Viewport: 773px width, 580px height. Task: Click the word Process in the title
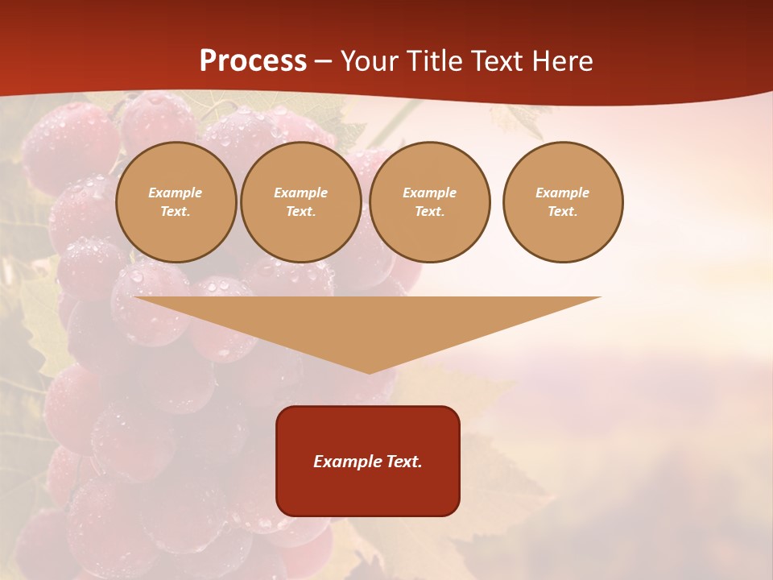253,61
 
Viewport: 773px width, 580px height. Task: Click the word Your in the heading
369,61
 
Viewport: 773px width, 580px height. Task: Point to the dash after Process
323,63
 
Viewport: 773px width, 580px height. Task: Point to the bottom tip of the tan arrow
369,372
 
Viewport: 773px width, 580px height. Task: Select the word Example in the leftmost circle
176,193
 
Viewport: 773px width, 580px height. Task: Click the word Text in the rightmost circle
562,211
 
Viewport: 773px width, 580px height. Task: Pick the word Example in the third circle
430,193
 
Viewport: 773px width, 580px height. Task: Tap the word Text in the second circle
300,211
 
